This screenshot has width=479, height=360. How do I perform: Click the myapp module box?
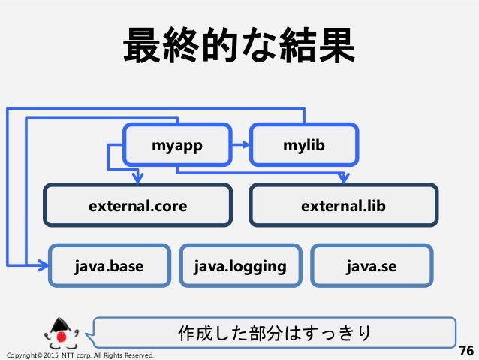click(x=178, y=145)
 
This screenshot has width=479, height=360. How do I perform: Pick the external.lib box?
click(x=343, y=204)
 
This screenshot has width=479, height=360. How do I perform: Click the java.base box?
click(x=110, y=265)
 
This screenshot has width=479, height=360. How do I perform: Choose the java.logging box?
click(x=240, y=265)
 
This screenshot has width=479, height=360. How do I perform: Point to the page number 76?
click(x=465, y=350)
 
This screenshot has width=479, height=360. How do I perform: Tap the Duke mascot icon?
click(x=61, y=332)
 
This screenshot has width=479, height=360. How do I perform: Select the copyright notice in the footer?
click(x=80, y=354)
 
